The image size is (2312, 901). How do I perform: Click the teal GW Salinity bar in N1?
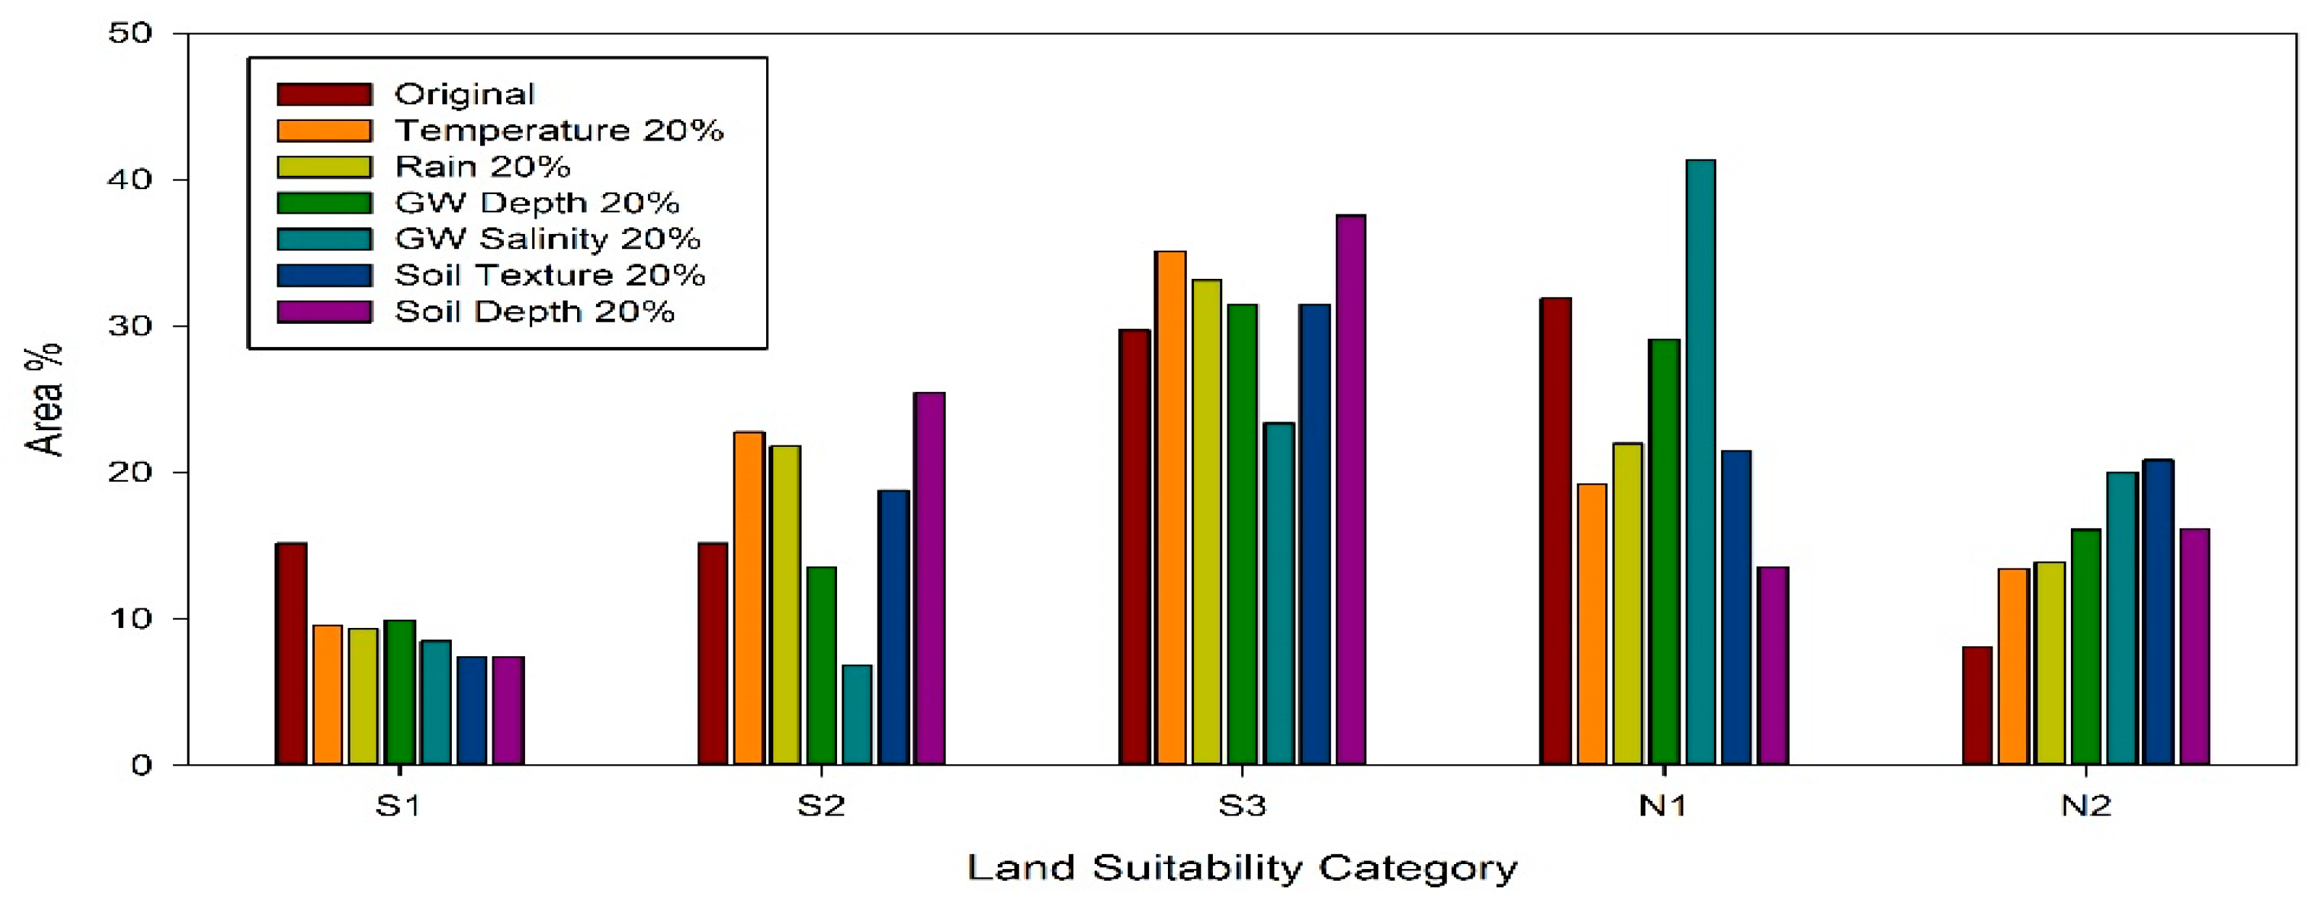coord(1700,462)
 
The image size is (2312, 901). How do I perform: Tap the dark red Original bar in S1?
coord(291,653)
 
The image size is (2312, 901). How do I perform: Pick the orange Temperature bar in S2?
coord(749,598)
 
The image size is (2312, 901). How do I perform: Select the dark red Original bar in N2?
coord(1976,705)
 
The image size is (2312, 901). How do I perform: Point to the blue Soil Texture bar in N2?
coord(2158,612)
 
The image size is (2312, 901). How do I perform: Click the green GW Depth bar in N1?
coord(1664,552)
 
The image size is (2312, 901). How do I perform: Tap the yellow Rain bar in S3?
coord(1206,522)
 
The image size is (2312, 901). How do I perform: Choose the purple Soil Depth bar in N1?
coord(1773,666)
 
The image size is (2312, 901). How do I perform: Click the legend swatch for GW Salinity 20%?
coord(324,239)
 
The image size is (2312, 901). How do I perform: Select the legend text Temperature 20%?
coord(558,130)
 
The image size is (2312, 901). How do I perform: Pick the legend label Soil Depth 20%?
coord(534,311)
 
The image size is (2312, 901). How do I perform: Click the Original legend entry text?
coord(464,93)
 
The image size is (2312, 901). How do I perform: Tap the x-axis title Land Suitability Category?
coord(1242,868)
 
